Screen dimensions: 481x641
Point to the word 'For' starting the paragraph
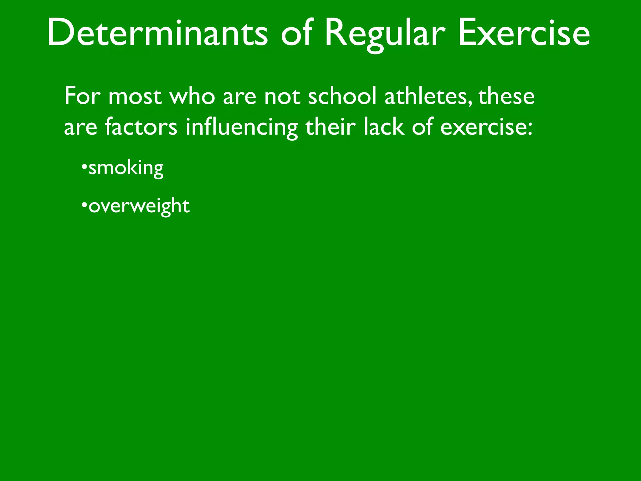coord(82,96)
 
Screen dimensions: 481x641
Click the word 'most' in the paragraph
coord(135,96)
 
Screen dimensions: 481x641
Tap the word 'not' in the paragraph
coord(283,96)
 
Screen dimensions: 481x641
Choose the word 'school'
coord(342,96)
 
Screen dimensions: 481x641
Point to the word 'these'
coord(506,96)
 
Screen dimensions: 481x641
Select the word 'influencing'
coord(242,128)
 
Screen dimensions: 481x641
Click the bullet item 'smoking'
coord(126,168)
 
